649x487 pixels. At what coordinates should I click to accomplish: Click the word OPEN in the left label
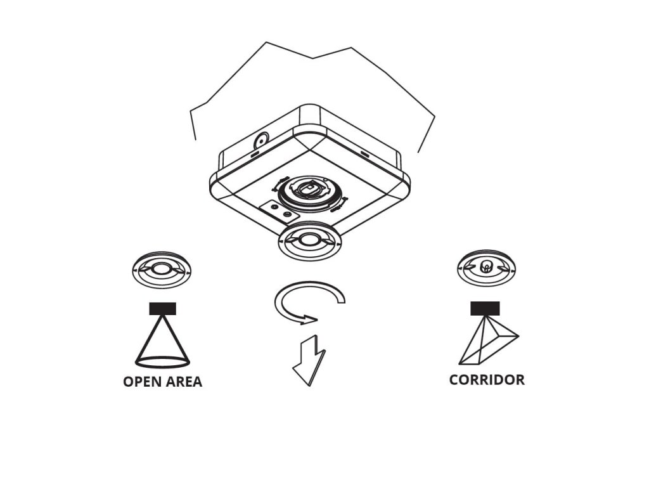pyautogui.click(x=141, y=382)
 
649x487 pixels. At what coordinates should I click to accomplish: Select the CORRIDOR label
pyautogui.click(x=487, y=380)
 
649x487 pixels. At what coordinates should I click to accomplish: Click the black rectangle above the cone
pyautogui.click(x=162, y=309)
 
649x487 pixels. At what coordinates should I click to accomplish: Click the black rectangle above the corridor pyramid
pyautogui.click(x=485, y=308)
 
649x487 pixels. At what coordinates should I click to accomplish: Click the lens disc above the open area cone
pyautogui.click(x=162, y=269)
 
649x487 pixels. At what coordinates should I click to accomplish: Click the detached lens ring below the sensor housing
pyautogui.click(x=309, y=241)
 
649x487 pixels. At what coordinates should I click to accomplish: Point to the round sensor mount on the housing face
pyautogui.click(x=309, y=191)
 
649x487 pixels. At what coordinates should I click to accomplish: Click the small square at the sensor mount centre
pyautogui.click(x=309, y=188)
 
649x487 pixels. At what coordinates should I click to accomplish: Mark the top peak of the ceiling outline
pyautogui.click(x=266, y=42)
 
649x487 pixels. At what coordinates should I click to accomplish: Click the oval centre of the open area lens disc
pyautogui.click(x=162, y=268)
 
